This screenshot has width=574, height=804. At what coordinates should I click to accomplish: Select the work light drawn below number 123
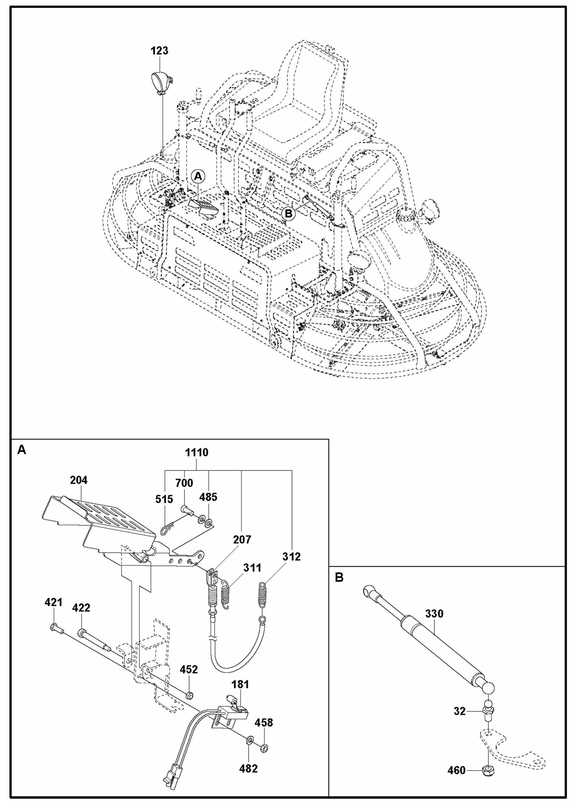point(160,82)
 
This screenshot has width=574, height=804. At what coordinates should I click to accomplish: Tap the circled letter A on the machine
point(198,175)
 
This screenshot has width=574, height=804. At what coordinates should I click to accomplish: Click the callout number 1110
point(197,452)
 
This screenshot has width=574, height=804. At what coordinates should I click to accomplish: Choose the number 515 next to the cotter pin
point(164,499)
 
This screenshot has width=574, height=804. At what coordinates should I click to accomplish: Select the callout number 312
point(292,557)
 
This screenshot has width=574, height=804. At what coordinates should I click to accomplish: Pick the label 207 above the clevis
point(242,540)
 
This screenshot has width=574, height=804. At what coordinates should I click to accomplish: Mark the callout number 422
point(81,608)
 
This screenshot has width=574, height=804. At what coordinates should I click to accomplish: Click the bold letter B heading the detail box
point(339,578)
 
